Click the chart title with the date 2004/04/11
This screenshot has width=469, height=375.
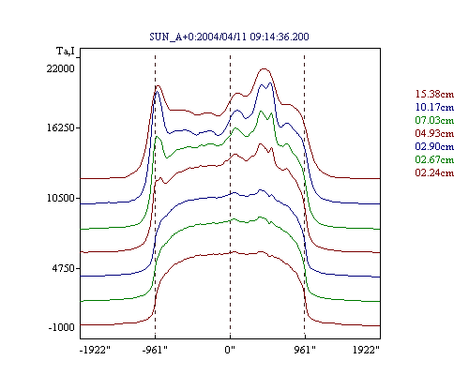click(x=229, y=37)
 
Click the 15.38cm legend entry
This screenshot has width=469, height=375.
click(x=434, y=94)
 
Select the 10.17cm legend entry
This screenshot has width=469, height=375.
click(x=434, y=107)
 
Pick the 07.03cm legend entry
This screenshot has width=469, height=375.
click(x=434, y=120)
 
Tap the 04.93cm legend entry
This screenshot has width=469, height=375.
click(x=434, y=133)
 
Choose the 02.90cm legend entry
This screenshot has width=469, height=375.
click(x=434, y=146)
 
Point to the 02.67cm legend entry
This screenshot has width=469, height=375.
click(x=434, y=159)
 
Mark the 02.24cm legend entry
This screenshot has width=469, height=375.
click(x=434, y=172)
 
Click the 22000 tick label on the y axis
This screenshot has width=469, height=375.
click(x=61, y=68)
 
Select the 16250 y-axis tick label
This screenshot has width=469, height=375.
click(x=61, y=128)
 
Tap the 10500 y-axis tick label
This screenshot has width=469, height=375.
click(x=61, y=198)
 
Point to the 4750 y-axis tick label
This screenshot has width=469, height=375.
click(x=64, y=268)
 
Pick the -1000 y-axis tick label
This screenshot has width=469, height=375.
click(x=62, y=327)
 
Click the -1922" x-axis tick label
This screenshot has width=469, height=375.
click(x=96, y=350)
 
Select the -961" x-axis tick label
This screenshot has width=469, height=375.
click(x=155, y=350)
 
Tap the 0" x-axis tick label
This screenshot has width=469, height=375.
click(x=230, y=350)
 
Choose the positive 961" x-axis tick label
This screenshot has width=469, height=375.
click(x=305, y=350)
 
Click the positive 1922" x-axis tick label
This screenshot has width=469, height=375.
click(x=366, y=350)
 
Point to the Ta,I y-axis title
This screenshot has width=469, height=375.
click(x=66, y=52)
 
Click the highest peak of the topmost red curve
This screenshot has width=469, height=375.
click(x=265, y=68)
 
